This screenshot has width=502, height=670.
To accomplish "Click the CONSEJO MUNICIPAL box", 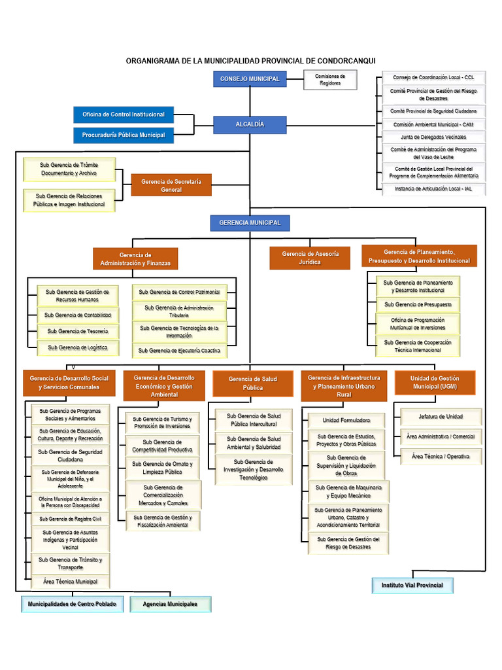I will pos(250,79).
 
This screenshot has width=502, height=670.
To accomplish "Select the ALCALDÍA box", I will pos(250,124).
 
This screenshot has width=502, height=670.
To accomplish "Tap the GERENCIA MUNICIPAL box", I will pos(250,223).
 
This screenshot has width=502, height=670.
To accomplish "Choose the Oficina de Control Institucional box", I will pos(124,115).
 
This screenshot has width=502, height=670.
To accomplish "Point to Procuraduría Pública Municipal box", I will pos(124,135).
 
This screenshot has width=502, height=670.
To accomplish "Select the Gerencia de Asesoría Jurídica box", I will pos(310,257).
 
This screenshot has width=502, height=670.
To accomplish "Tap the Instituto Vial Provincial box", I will pos(412,585).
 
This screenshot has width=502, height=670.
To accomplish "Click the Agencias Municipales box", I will pos(170,604).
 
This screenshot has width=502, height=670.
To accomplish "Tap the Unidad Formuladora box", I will pos(346,420).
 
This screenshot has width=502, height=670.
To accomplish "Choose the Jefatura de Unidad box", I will pos(441,417).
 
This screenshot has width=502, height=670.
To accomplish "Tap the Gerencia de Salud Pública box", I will pos(253,383).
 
